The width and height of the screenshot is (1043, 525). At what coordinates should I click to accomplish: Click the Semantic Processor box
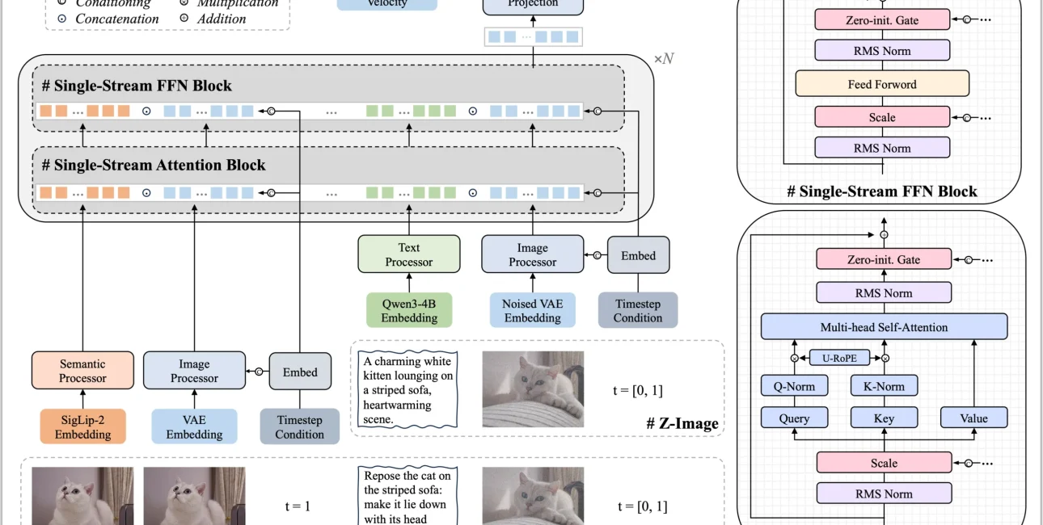(82, 372)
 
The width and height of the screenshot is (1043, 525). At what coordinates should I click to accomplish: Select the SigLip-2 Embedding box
(82, 426)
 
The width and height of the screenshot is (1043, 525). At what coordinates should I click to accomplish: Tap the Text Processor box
(408, 254)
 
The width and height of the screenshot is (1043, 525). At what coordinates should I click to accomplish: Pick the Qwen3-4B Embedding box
(408, 310)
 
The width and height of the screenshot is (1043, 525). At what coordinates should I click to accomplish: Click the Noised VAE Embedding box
(532, 310)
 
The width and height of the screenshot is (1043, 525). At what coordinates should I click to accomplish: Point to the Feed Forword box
(882, 84)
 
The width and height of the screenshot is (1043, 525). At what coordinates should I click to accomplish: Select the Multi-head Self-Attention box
(884, 327)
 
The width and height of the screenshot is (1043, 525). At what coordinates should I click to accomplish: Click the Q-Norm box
(794, 386)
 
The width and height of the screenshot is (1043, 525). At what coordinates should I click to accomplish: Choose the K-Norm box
(884, 386)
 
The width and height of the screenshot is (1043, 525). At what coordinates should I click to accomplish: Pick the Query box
(794, 418)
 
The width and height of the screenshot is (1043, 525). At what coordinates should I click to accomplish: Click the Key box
(884, 418)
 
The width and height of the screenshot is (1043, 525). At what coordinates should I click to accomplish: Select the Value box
(973, 418)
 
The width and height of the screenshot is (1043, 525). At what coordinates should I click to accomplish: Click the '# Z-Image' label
(682, 423)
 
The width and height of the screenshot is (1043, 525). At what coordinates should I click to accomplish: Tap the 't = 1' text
(298, 506)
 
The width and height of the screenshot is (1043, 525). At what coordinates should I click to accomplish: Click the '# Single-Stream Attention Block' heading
(154, 166)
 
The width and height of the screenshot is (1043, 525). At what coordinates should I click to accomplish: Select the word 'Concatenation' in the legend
(117, 19)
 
